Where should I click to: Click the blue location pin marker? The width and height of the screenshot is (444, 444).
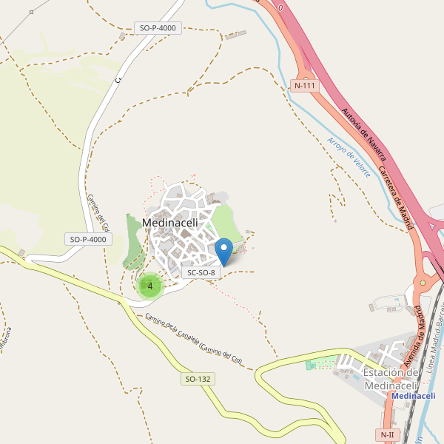point(223,250)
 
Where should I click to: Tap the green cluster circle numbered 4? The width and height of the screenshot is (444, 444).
point(150,286)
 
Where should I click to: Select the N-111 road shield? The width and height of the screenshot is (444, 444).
point(305,85)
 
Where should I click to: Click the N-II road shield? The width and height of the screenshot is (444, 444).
point(388,434)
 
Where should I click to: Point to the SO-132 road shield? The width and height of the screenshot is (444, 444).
point(198,379)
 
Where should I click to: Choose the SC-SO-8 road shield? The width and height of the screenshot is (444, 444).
point(201,272)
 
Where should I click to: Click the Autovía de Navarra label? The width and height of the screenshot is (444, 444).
point(364,134)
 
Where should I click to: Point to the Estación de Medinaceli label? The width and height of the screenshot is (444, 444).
point(392,379)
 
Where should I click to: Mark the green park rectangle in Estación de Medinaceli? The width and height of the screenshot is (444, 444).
point(320,364)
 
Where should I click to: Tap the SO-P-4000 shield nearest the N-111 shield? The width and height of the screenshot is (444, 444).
point(158,28)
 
